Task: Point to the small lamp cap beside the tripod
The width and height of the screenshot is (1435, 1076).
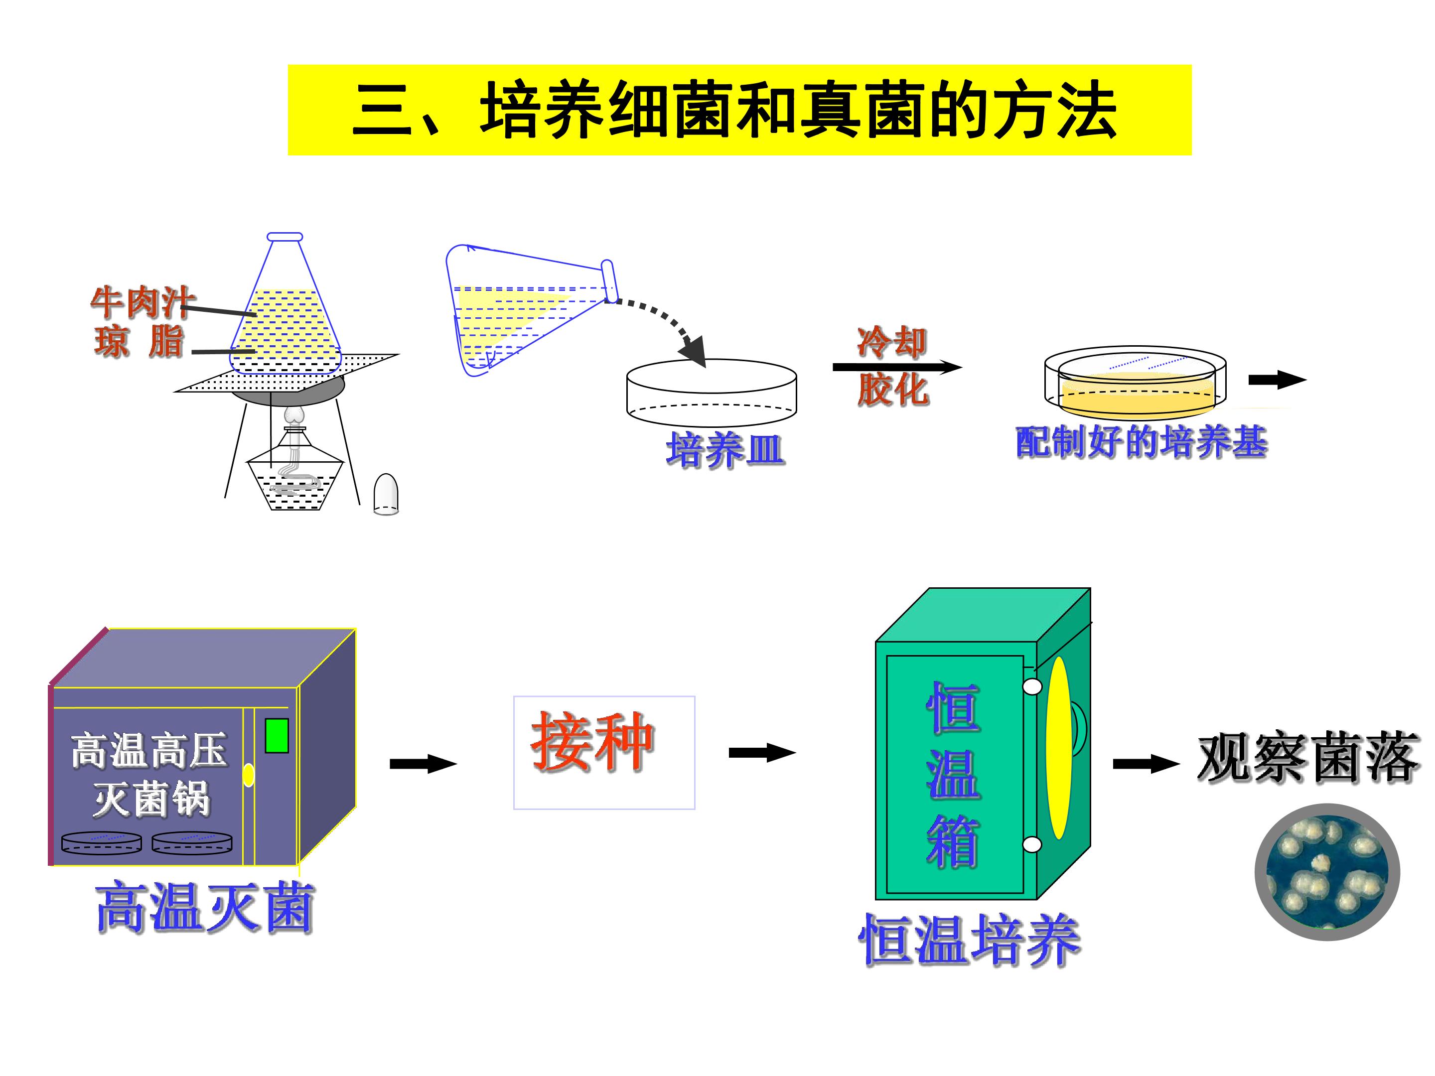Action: [387, 494]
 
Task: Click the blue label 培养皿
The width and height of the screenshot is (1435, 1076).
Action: [725, 449]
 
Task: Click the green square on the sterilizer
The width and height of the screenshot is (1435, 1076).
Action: [277, 735]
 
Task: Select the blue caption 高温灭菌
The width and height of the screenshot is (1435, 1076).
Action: [205, 907]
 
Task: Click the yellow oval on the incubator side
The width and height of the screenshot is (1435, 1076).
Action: [1058, 748]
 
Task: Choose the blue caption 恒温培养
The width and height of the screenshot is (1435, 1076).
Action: [969, 941]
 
